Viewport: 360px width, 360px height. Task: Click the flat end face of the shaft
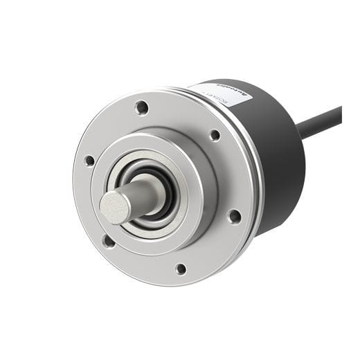click(114, 206)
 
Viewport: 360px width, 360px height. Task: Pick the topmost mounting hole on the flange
click(141, 107)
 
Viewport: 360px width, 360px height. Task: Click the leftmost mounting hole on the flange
click(89, 161)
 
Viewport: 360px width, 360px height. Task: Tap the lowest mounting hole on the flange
click(181, 269)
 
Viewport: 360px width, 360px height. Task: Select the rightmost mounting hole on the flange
click(235, 216)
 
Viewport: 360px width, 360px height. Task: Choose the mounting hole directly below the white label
click(215, 135)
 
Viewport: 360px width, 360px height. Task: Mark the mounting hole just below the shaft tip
click(109, 241)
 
